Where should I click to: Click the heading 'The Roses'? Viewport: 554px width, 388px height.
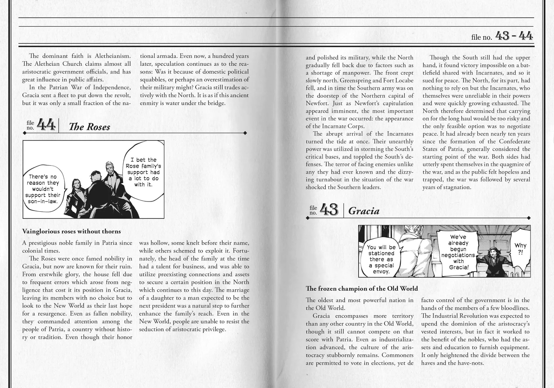pos(89,127)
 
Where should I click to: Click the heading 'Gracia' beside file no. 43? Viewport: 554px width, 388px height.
pos(364,211)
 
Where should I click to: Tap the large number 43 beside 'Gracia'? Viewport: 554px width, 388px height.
pos(329,210)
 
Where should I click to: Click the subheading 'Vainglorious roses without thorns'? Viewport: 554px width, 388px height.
pos(71,231)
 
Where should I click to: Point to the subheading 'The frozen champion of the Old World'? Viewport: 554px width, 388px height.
pos(362,288)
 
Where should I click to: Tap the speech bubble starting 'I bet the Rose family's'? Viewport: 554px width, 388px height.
pos(143,172)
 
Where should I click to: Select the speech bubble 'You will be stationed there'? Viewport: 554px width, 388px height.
pos(381,259)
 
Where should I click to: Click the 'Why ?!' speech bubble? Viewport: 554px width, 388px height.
pos(520,248)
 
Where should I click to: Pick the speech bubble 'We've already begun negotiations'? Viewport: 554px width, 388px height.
pos(459,252)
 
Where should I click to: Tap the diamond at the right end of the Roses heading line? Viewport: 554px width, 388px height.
pos(245,133)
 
